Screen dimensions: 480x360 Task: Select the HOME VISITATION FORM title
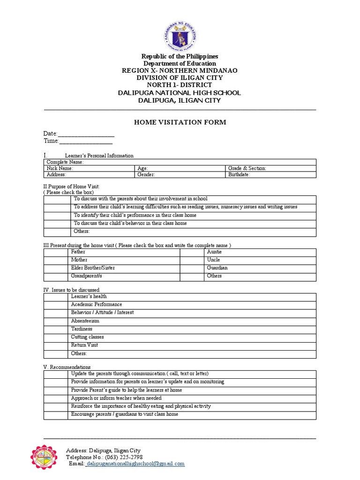(x=180, y=122)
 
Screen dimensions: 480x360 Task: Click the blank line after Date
(x=86, y=135)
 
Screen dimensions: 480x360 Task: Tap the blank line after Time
(x=86, y=141)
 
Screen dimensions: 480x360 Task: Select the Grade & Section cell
(x=270, y=168)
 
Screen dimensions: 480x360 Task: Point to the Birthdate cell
(x=270, y=175)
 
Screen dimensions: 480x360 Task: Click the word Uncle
(x=213, y=260)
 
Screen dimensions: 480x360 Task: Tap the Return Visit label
(x=84, y=345)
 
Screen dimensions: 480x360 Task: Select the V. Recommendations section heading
(x=67, y=367)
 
